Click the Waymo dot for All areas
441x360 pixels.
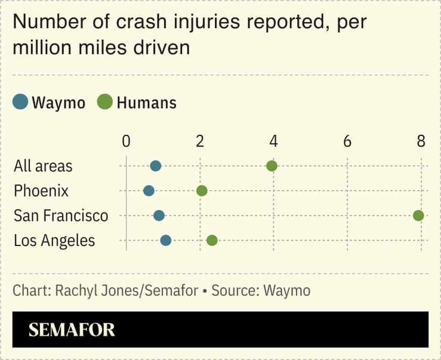click(x=156, y=166)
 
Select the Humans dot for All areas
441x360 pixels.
click(x=272, y=166)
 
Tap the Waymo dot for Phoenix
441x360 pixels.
click(x=149, y=191)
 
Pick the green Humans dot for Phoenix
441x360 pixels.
click(x=202, y=191)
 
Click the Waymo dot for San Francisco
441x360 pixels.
click(x=159, y=216)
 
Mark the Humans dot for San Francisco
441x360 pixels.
click(x=418, y=216)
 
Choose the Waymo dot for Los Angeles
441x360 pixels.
click(x=166, y=241)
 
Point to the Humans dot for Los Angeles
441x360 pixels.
click(x=212, y=241)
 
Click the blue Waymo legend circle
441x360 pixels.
click(x=21, y=102)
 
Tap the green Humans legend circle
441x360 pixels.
click(x=105, y=102)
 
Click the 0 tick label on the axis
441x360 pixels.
click(x=126, y=141)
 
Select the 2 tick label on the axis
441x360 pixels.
click(x=200, y=141)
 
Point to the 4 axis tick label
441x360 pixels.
click(x=273, y=141)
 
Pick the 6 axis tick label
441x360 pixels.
click(x=347, y=141)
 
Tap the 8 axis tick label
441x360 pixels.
click(x=421, y=141)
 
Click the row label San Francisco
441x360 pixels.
click(x=61, y=216)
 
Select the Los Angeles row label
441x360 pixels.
click(x=54, y=241)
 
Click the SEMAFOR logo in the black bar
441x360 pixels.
click(x=72, y=330)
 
